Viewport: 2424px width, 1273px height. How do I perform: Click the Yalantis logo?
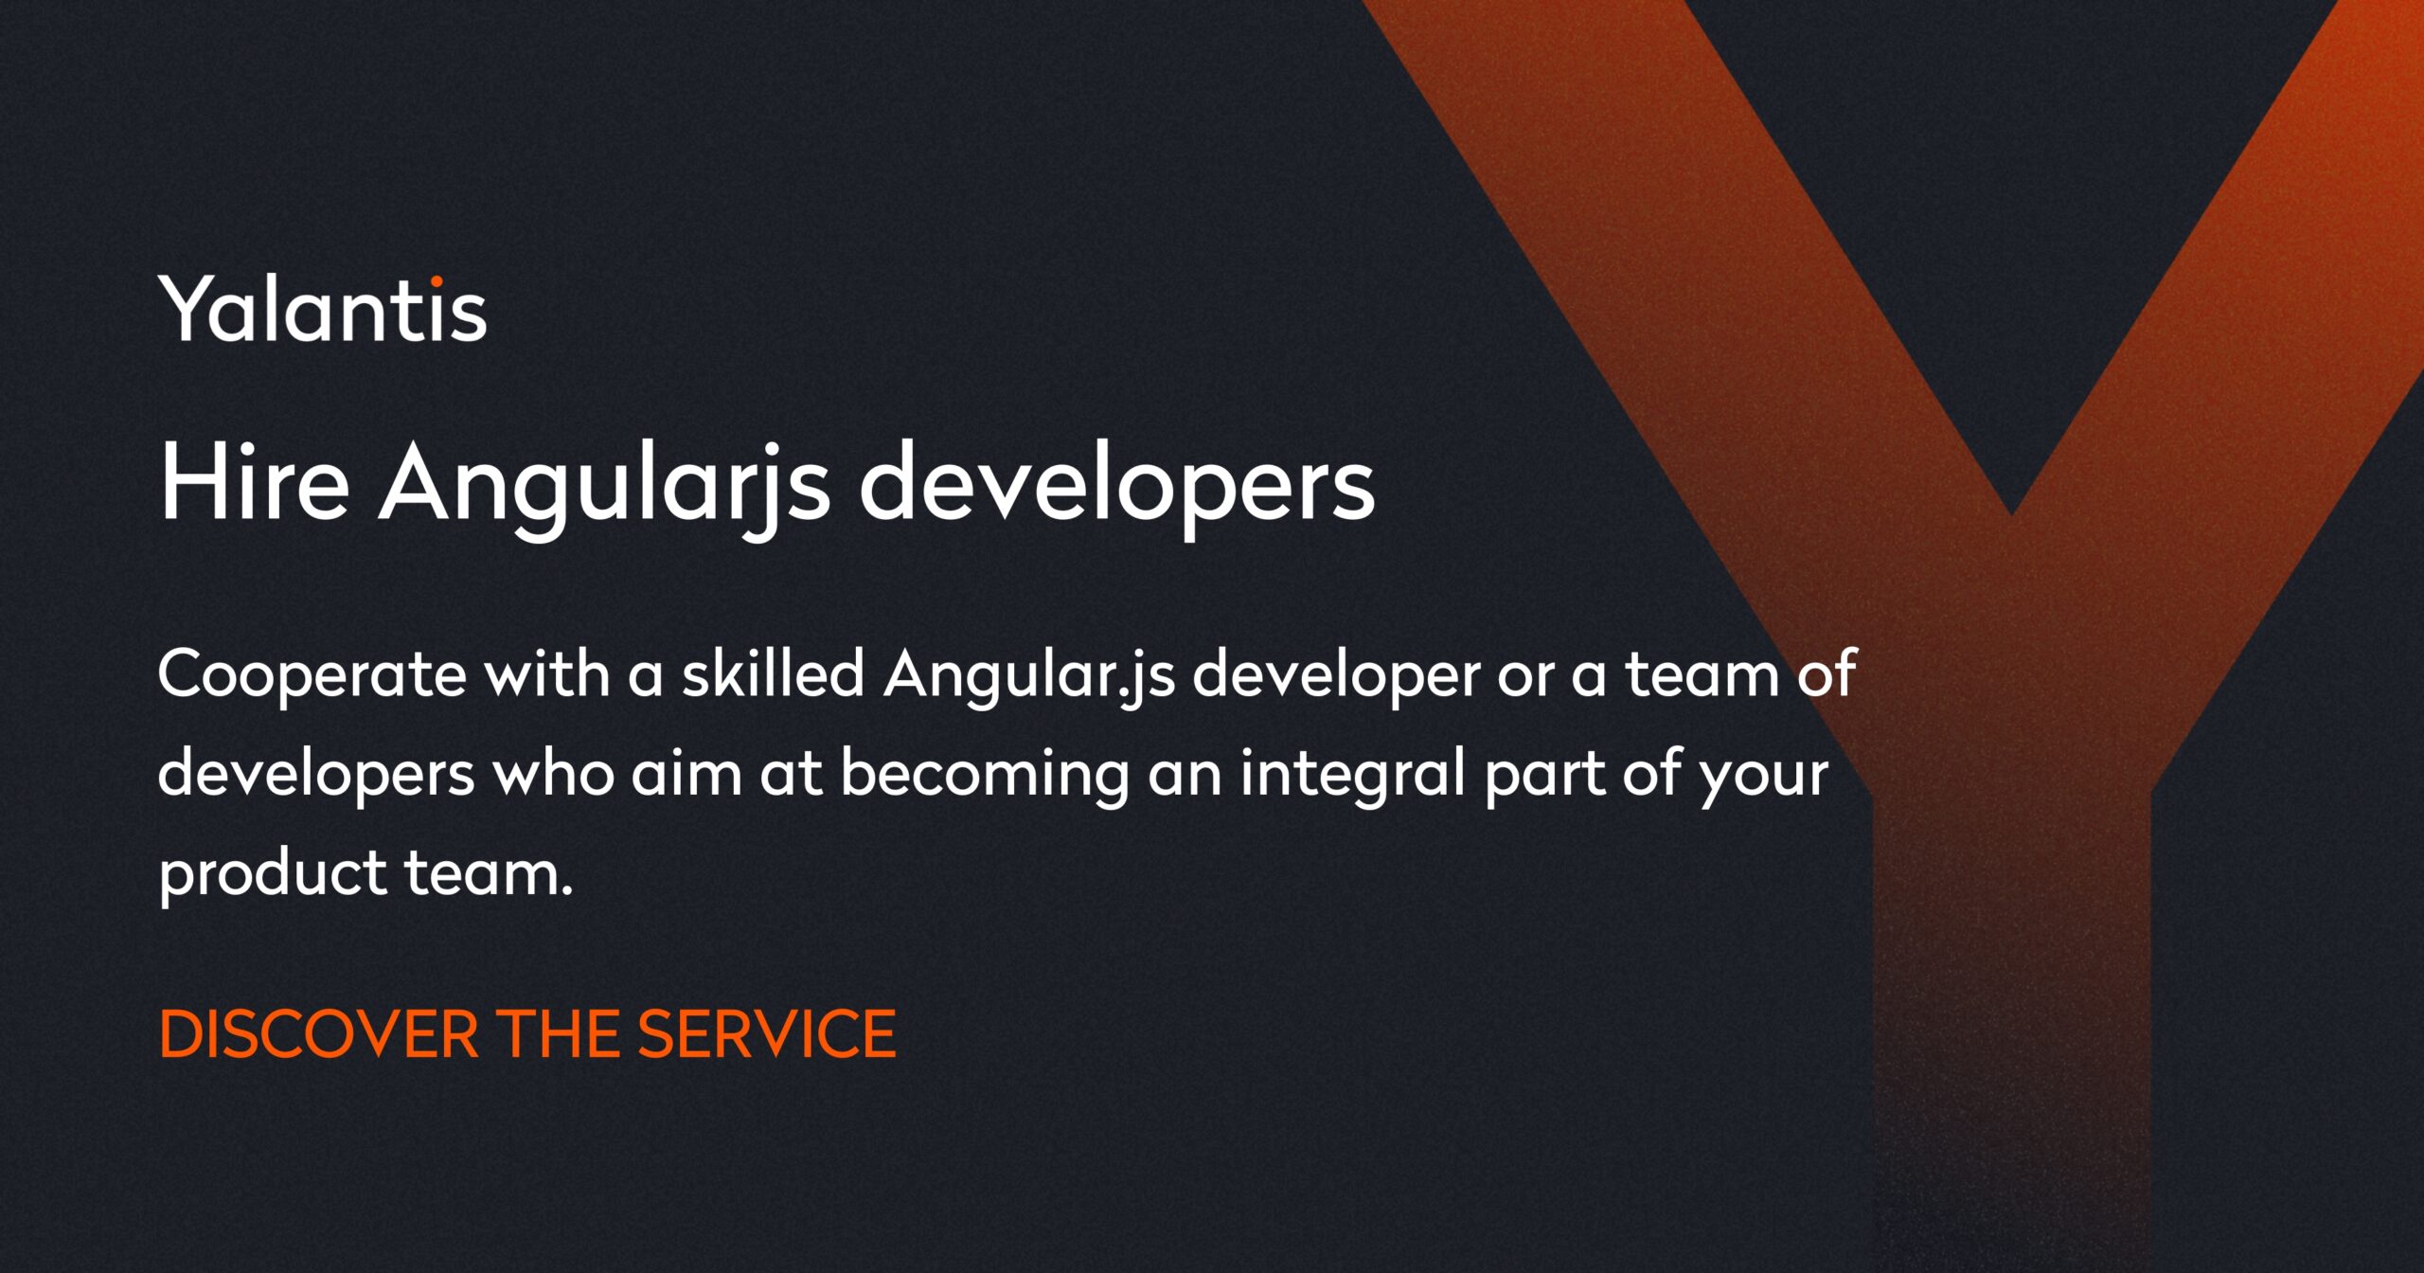point(322,309)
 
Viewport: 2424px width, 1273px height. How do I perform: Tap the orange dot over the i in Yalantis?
point(437,281)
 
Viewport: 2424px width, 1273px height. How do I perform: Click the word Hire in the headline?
point(254,484)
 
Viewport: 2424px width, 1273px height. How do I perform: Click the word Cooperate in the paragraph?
point(312,675)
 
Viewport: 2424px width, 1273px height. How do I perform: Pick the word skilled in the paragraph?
point(774,673)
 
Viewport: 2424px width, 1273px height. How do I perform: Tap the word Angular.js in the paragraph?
point(1028,675)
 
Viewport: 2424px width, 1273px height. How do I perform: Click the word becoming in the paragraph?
point(985,775)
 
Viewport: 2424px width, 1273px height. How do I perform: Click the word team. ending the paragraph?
point(490,872)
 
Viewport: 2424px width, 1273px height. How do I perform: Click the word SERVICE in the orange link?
point(766,1033)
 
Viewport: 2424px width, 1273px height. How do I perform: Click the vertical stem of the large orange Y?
point(2011,947)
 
